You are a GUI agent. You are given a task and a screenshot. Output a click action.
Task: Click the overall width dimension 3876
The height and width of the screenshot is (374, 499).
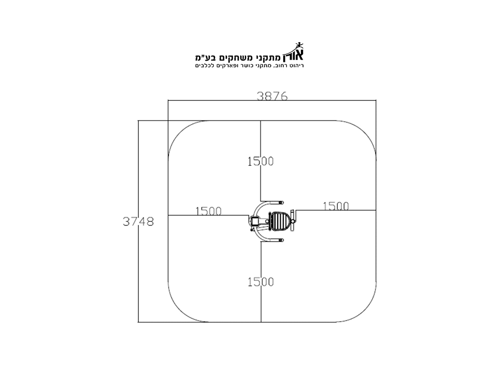[272, 96]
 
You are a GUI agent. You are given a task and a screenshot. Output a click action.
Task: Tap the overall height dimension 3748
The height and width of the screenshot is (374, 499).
[138, 221]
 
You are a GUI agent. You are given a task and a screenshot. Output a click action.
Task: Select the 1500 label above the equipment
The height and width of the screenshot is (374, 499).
[260, 161]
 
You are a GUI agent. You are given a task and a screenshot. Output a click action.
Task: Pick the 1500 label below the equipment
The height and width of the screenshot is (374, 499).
[260, 282]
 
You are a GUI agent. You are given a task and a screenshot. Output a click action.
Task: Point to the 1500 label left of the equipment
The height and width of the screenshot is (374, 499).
[208, 211]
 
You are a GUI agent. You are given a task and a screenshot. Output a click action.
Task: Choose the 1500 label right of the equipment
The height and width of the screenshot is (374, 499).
[336, 206]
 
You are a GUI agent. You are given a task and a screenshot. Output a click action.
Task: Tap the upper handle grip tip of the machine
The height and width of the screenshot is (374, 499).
[281, 202]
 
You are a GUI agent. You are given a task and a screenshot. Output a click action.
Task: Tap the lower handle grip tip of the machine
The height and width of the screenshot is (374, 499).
[281, 241]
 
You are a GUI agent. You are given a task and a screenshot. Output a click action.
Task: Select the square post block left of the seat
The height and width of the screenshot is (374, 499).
[255, 220]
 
